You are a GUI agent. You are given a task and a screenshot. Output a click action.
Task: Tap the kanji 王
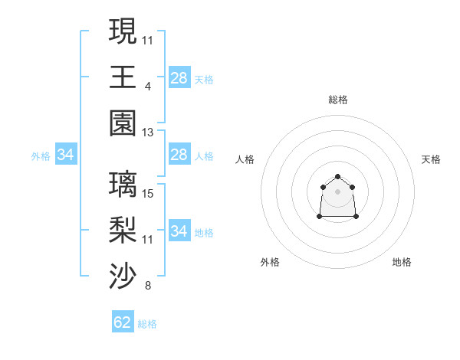point(123,77)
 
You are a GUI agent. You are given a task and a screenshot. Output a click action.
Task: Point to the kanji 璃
point(123,184)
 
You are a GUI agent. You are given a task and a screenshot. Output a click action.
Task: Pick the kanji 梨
point(123,229)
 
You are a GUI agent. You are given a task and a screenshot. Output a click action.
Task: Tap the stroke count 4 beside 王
point(148,87)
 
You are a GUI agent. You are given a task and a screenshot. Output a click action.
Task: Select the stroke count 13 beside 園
point(148,133)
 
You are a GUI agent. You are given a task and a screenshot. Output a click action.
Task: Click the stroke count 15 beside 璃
point(148,194)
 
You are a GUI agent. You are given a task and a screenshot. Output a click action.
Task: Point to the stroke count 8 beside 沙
point(148,286)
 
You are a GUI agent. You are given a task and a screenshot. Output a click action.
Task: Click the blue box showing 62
point(123,322)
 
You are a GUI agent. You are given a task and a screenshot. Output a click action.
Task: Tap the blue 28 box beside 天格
point(179,78)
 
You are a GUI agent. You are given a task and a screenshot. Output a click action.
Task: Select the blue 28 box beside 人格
point(179,155)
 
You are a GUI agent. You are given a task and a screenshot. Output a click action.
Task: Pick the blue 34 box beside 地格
point(179,231)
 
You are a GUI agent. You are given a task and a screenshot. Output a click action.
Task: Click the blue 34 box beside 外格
point(66,155)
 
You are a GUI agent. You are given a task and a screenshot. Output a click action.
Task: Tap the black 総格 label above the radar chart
point(337,100)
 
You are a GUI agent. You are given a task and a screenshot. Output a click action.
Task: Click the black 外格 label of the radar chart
point(270,262)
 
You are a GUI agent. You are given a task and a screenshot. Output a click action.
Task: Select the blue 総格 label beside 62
point(147,324)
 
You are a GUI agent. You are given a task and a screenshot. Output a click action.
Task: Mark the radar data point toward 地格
point(356,217)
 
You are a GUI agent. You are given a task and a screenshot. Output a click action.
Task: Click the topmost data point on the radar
point(337,177)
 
